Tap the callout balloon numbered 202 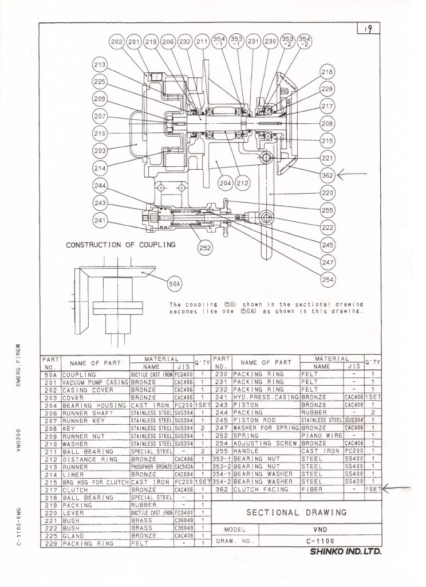click(117, 42)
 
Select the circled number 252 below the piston click(205, 248)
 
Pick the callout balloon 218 click(327, 73)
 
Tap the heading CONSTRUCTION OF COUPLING click(120, 245)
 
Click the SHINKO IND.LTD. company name click(345, 553)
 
